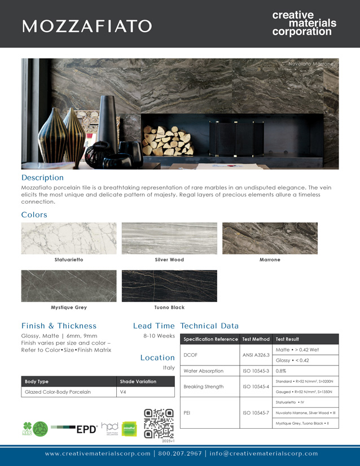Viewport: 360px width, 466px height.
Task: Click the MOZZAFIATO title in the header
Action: pos(87,26)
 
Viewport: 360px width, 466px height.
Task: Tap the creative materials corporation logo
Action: pos(304,23)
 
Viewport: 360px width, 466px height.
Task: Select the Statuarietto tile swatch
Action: pos(69,238)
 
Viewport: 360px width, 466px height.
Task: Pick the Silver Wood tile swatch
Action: pos(169,238)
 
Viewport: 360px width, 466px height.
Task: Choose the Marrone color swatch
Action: pos(270,238)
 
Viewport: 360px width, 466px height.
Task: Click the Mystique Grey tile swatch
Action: pos(69,285)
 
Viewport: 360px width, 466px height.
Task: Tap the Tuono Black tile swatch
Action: pos(169,285)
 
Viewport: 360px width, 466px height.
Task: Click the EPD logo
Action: pos(87,429)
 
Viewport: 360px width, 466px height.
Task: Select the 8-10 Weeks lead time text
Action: pos(160,336)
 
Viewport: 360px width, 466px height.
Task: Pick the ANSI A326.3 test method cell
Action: pos(256,355)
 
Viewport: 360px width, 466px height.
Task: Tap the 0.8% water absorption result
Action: pos(281,371)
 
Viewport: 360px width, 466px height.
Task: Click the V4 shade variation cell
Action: pos(124,392)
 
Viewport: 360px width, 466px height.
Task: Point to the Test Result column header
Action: pos(287,339)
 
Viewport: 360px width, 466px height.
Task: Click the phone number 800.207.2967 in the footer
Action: pos(179,453)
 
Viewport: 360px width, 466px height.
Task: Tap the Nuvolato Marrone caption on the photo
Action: pos(311,64)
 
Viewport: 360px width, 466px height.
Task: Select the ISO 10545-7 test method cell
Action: pos(256,412)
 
